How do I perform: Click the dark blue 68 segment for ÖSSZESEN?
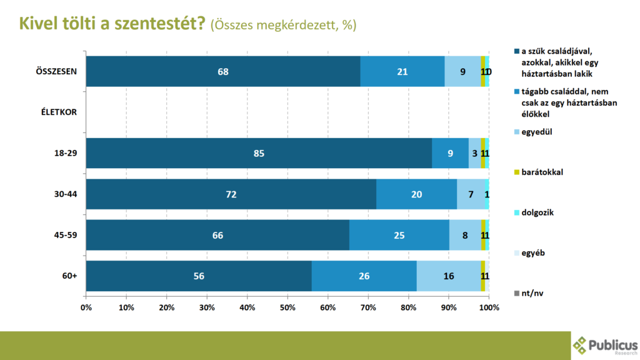[x=223, y=71]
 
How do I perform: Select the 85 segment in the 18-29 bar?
[x=259, y=153]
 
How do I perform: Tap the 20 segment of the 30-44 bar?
[x=416, y=194]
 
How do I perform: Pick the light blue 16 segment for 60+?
[x=448, y=276]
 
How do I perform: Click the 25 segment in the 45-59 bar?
[x=399, y=235]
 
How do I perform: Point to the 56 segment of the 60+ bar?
[x=199, y=276]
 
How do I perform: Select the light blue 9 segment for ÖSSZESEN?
[x=462, y=71]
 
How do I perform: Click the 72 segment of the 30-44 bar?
[x=231, y=194]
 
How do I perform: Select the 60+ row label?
[x=69, y=276]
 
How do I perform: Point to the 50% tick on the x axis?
[x=287, y=307]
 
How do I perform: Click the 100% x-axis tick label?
[x=488, y=307]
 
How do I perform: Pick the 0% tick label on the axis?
[x=87, y=307]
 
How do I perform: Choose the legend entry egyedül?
[x=536, y=132]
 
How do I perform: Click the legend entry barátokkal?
[x=542, y=172]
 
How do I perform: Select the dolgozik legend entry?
[x=538, y=212]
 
